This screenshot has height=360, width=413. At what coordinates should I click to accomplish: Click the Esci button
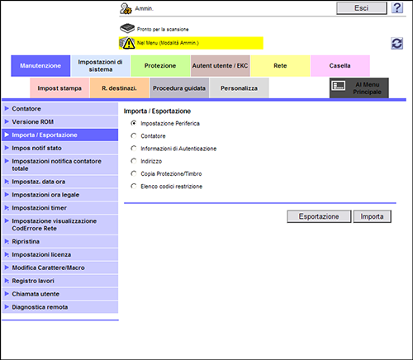point(362,8)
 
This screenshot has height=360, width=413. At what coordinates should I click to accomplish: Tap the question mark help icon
point(397,8)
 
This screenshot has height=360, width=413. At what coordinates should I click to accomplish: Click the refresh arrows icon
point(397,44)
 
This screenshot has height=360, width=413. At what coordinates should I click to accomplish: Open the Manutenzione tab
point(40,66)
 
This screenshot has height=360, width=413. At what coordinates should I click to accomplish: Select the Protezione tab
point(160,66)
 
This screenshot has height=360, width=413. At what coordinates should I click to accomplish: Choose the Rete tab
point(280,66)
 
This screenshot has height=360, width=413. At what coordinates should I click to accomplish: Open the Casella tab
point(340,66)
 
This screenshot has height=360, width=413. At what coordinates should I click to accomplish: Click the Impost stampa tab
point(59,88)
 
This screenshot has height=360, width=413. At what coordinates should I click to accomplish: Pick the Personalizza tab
point(239,88)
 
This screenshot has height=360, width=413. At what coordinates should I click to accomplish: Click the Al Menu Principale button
point(359,88)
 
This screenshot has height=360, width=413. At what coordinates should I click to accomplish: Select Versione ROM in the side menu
point(59,121)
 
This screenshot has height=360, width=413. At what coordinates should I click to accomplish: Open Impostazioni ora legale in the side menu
point(59,195)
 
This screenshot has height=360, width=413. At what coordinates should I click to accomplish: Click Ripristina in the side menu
point(59,241)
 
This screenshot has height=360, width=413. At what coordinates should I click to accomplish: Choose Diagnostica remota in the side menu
point(59,307)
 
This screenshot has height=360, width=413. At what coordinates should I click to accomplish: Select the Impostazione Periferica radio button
point(134,123)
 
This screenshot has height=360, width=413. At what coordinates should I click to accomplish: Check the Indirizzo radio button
point(134,161)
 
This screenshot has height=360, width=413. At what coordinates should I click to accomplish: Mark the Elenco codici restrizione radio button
point(134,186)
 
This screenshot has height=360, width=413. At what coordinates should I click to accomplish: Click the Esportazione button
point(319,216)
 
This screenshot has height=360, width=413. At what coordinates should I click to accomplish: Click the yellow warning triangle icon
point(129,44)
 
